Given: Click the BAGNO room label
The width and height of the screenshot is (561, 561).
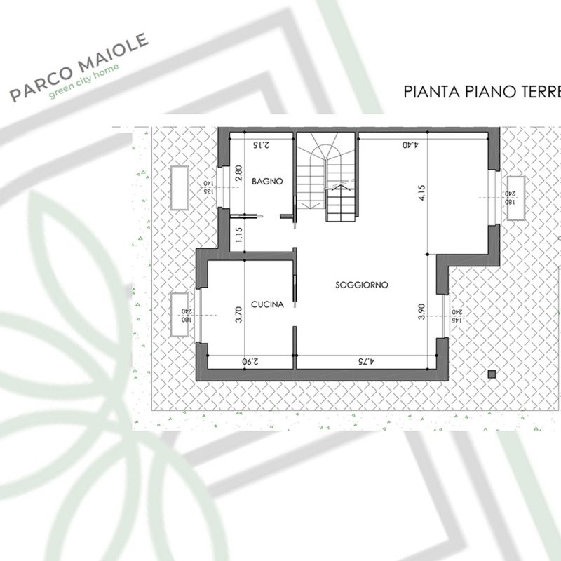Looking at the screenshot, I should pyautogui.click(x=268, y=181).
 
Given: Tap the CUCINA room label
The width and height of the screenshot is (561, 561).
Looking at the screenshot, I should pyautogui.click(x=268, y=304).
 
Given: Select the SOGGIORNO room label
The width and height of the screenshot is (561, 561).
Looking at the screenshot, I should pyautogui.click(x=362, y=285).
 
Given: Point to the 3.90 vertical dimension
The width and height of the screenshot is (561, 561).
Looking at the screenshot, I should pyautogui.click(x=421, y=311).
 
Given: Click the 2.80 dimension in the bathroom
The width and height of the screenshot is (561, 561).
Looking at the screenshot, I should pyautogui.click(x=238, y=174).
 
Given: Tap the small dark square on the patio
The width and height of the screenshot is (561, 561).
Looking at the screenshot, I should pyautogui.click(x=492, y=373).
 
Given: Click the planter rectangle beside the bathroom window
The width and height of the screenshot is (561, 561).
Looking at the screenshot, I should pyautogui.click(x=179, y=188).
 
